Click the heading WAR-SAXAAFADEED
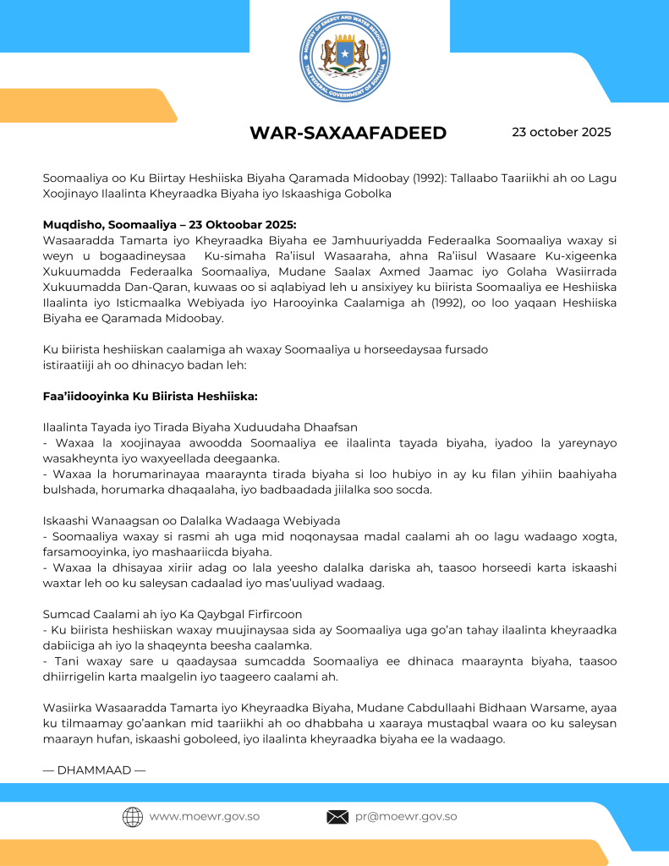pos(348,134)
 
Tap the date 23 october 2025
pos(561,132)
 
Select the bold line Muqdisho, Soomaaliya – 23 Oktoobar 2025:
pos(169,225)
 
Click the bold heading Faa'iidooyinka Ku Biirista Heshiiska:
pos(150,396)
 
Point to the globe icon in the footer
pos(132,817)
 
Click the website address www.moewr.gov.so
pos(204,817)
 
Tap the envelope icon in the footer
pos(337,817)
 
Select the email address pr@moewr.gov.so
pos(406,817)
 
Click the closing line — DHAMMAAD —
pos(94,770)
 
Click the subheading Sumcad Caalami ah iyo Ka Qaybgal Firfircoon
pos(173,613)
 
